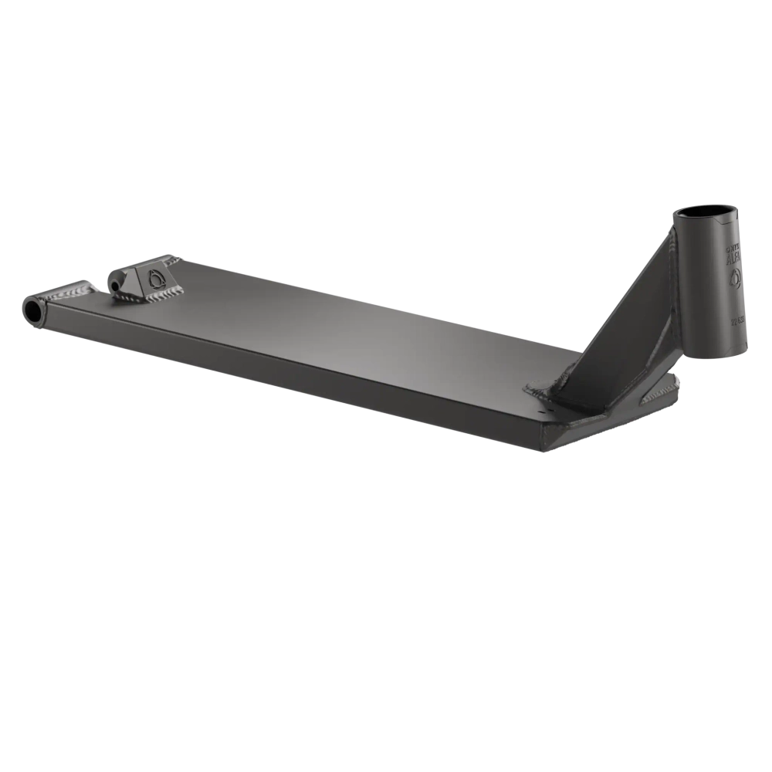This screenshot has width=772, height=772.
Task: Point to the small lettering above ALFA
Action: [x=731, y=249]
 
